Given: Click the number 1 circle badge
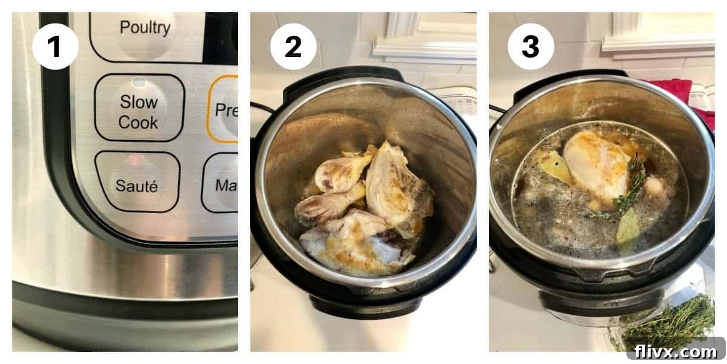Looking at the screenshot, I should tap(55, 46).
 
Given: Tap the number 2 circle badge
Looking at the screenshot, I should tap(293, 46).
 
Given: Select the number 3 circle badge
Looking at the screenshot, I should tap(531, 46).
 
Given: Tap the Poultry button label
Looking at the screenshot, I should tap(144, 27).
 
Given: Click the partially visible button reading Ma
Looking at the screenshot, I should tap(222, 183).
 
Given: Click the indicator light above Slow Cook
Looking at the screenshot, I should tap(139, 83).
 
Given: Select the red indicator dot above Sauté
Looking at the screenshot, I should tap(138, 160).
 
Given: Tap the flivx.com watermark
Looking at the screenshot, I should tap(675, 351).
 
